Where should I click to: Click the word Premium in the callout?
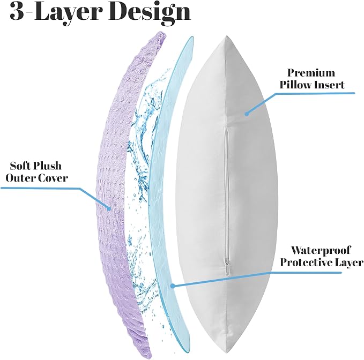click(311, 73)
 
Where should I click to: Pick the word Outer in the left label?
click(20, 178)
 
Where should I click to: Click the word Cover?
click(53, 178)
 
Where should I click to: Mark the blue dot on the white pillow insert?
click(247, 114)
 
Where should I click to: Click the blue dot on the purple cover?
click(109, 208)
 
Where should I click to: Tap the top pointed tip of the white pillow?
click(226, 36)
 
